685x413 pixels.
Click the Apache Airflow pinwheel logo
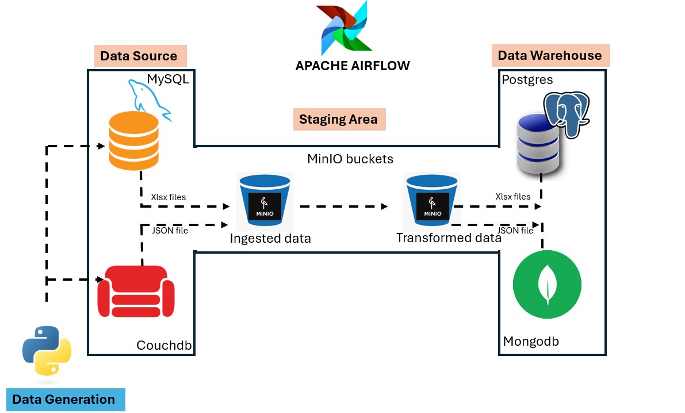click(x=345, y=29)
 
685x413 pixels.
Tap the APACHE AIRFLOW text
click(x=353, y=65)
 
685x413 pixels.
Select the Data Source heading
click(x=139, y=56)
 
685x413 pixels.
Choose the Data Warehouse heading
click(x=549, y=55)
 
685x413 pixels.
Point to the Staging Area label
click(x=338, y=120)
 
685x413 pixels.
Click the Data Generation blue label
click(x=64, y=399)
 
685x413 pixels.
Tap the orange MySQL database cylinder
click(x=133, y=142)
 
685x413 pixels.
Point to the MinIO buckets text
click(x=350, y=158)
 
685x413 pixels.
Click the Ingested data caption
click(x=270, y=238)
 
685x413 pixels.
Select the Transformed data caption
click(x=449, y=237)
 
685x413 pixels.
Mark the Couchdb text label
click(x=164, y=345)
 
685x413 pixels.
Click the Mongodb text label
click(x=531, y=341)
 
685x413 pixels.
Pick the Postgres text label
click(x=527, y=79)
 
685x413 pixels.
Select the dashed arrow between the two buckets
click(x=343, y=205)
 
